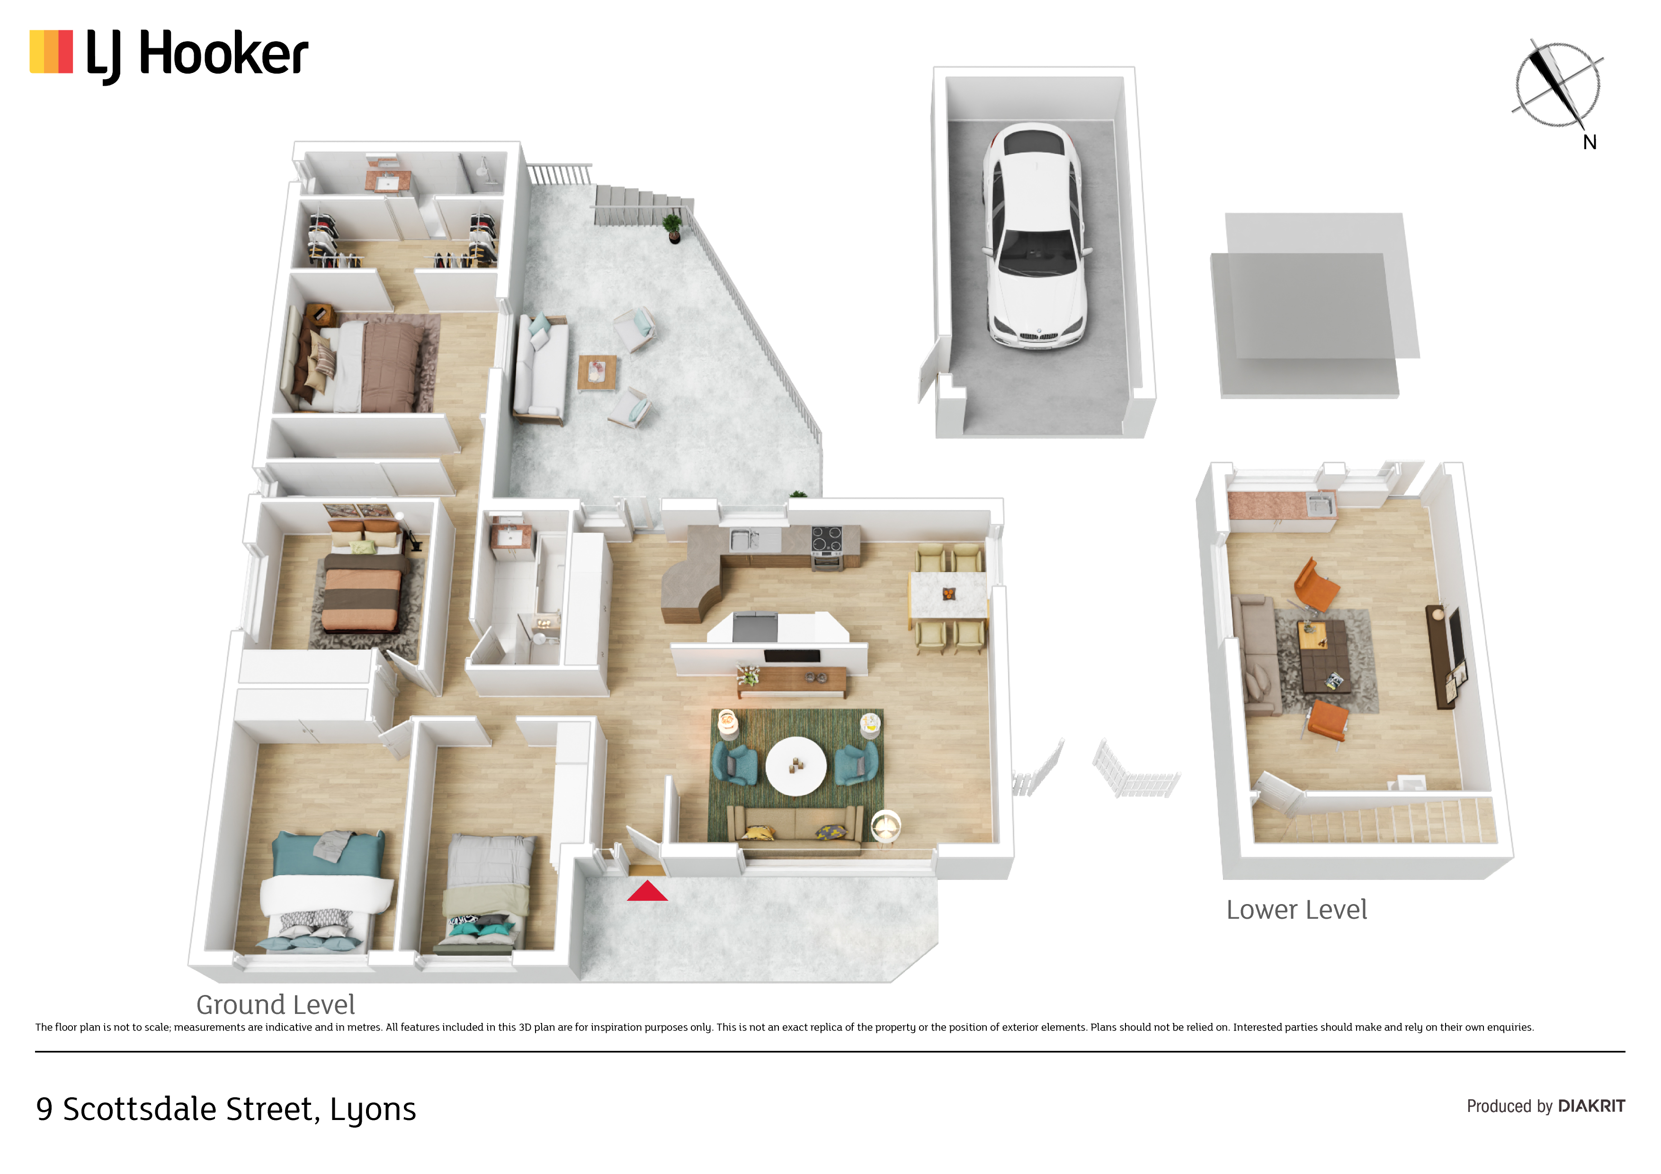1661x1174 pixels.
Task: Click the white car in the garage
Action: pyautogui.click(x=1035, y=235)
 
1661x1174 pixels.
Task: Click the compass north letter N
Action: pyautogui.click(x=1590, y=142)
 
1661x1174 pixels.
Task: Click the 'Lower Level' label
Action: pyautogui.click(x=1296, y=909)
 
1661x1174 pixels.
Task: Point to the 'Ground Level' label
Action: pyautogui.click(x=276, y=1005)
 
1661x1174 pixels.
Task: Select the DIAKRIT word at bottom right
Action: pyautogui.click(x=1591, y=1106)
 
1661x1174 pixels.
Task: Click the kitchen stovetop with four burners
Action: pyautogui.click(x=826, y=539)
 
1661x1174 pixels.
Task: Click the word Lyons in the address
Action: pyautogui.click(x=373, y=1110)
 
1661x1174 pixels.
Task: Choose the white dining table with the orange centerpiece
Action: pyautogui.click(x=948, y=595)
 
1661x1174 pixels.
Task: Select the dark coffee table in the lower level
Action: pyautogui.click(x=1324, y=657)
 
